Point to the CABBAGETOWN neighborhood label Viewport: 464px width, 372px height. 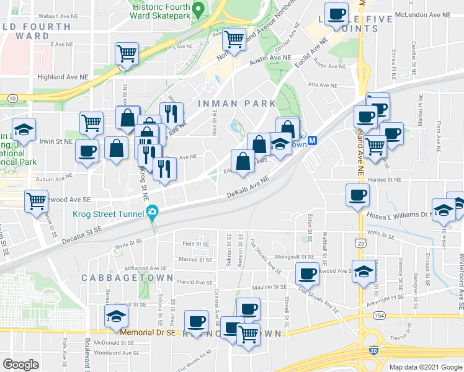127,278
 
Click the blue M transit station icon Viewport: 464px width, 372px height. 313,141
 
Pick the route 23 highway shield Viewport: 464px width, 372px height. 360,245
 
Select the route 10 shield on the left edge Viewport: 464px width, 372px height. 12,98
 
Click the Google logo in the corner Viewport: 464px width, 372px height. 20,365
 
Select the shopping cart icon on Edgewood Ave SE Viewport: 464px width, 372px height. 37,200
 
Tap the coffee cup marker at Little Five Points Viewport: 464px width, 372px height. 337,14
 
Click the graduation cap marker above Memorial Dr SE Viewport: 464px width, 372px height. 116,316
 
